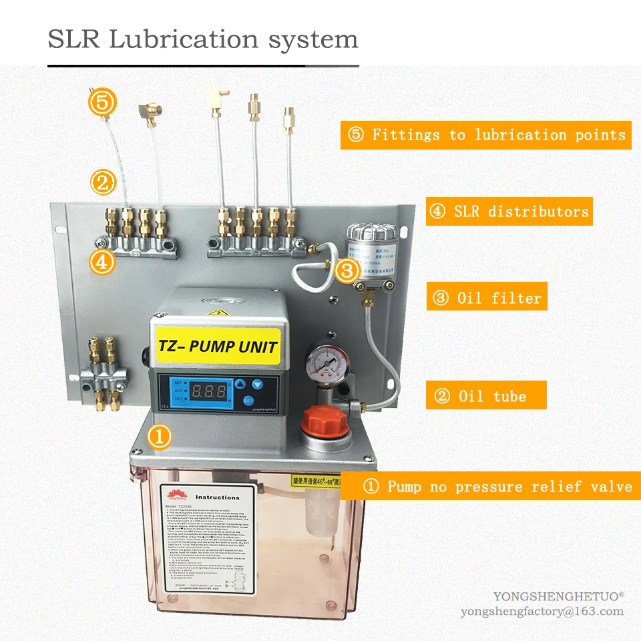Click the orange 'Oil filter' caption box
coord(487,298)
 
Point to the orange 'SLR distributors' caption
coord(509,212)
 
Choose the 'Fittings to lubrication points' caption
coord(485,135)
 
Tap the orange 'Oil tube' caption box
coord(486,396)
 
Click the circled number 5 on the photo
coord(103,103)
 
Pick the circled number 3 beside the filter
coord(347,271)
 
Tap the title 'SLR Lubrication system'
coord(203,39)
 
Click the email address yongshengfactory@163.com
coord(542,612)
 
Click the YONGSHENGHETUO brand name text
coord(558,596)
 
